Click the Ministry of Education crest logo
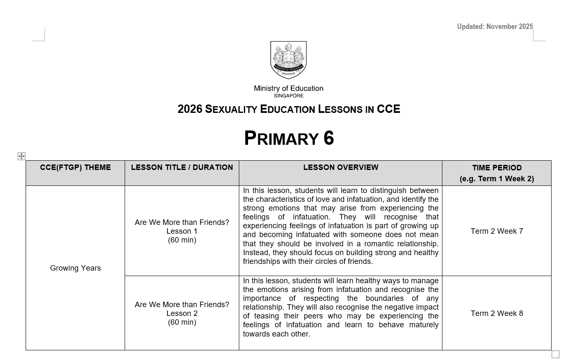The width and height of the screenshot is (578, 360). pyautogui.click(x=288, y=60)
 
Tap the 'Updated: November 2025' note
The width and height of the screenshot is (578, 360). pyautogui.click(x=495, y=27)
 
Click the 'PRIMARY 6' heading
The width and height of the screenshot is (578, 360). pyautogui.click(x=289, y=138)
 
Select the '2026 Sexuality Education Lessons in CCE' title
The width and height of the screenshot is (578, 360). pyautogui.click(x=289, y=110)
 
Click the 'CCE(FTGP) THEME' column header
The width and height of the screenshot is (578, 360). pyautogui.click(x=76, y=167)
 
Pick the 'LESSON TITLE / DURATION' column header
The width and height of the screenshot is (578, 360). pyautogui.click(x=182, y=167)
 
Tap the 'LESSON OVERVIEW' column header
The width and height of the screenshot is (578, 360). pyautogui.click(x=340, y=167)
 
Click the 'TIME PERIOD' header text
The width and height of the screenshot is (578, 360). pyautogui.click(x=497, y=168)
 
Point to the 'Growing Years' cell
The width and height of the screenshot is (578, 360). pyautogui.click(x=76, y=268)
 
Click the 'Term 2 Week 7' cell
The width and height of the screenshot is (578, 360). pyautogui.click(x=497, y=231)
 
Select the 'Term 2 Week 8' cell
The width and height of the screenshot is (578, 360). pyautogui.click(x=497, y=313)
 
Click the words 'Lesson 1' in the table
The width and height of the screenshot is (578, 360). pyautogui.click(x=182, y=231)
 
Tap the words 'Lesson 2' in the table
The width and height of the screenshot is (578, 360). pyautogui.click(x=182, y=313)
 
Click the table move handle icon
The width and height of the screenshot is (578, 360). pyautogui.click(x=21, y=157)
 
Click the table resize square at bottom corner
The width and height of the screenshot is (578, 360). pyautogui.click(x=555, y=354)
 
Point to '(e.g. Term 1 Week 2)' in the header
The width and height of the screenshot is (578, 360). pyautogui.click(x=497, y=179)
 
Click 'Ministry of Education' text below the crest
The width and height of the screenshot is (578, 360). pyautogui.click(x=288, y=89)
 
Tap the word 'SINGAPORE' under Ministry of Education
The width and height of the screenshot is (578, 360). pyautogui.click(x=288, y=96)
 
